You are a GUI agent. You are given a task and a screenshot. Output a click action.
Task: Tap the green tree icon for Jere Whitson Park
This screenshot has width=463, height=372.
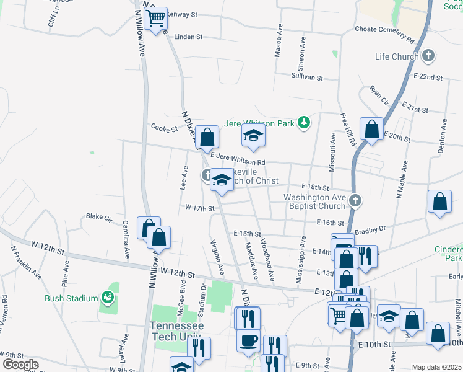(303, 123)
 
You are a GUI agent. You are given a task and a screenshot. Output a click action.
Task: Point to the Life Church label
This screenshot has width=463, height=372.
(397, 57)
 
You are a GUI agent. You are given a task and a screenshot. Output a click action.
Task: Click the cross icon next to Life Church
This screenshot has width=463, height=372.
(428, 56)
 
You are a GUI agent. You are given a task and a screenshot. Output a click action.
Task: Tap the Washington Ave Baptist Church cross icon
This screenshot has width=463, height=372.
(355, 200)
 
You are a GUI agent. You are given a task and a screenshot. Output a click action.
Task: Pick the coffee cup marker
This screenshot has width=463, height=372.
(248, 341)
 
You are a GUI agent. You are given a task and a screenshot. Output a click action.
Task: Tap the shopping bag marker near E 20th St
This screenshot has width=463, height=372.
(371, 129)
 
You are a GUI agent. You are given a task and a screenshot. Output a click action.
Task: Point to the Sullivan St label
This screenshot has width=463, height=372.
(308, 77)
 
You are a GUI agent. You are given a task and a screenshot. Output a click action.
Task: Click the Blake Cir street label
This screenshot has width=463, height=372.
(98, 217)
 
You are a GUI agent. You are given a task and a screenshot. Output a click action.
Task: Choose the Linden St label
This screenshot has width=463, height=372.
(189, 37)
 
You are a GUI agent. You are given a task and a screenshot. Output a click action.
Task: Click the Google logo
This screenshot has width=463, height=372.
(20, 365)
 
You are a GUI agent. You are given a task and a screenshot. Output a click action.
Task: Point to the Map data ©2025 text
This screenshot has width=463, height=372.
(436, 367)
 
